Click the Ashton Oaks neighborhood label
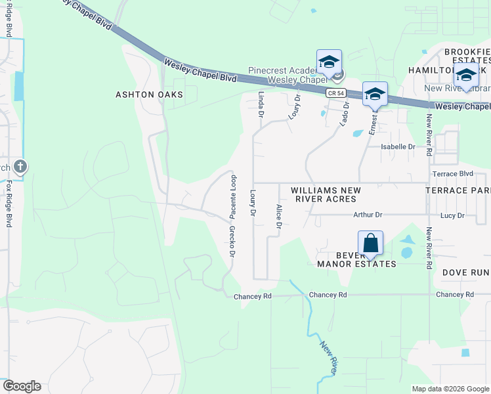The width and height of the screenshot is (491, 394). click(149, 95)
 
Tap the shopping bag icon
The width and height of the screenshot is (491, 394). click(371, 243)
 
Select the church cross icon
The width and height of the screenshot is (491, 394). click(20, 166)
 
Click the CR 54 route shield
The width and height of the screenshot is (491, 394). click(335, 94)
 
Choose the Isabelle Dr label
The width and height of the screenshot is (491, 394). click(399, 147)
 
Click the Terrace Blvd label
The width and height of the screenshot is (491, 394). click(453, 173)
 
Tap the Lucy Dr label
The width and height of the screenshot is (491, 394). click(452, 215)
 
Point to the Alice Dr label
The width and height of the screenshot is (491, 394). click(279, 217)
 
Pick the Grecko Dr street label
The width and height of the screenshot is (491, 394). click(232, 241)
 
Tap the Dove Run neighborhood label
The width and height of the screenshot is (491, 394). click(465, 272)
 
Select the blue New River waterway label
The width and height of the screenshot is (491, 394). click(329, 359)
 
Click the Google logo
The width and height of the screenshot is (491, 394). click(22, 386)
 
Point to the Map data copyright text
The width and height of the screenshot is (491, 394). click(450, 389)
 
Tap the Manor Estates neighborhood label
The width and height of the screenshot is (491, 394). click(356, 264)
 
